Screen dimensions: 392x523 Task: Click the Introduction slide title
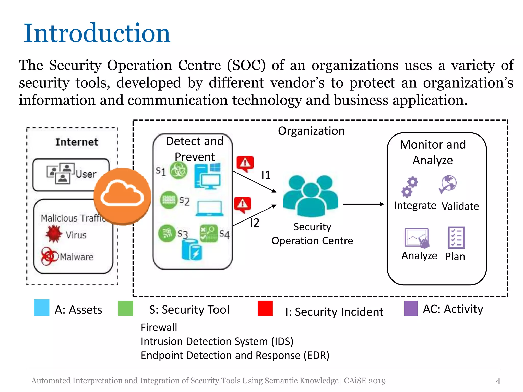[x=97, y=33]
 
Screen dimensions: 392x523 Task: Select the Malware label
[x=77, y=257]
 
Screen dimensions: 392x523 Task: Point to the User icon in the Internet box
[x=61, y=173]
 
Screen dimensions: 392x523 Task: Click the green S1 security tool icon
[x=179, y=170]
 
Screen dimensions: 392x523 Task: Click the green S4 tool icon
[x=209, y=233]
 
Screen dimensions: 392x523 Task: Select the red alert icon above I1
[x=245, y=163]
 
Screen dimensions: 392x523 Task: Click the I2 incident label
[x=255, y=223]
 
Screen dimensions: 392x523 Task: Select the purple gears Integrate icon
[x=410, y=187]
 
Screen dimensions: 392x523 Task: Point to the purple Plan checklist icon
[x=456, y=238]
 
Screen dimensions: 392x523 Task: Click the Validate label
[x=460, y=206]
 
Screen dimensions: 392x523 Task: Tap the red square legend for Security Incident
[x=265, y=308]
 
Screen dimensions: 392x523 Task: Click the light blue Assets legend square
[x=42, y=308]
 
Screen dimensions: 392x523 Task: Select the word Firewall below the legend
[x=159, y=327]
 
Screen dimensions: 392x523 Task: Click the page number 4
[x=498, y=381]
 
